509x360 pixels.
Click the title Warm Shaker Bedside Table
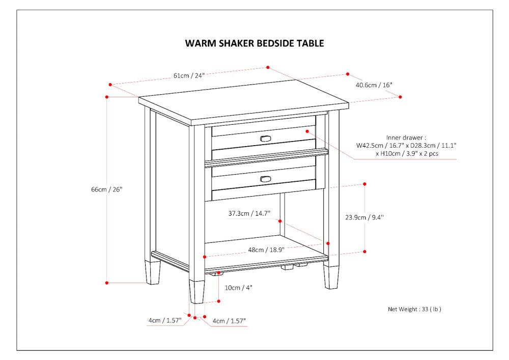pos(254,43)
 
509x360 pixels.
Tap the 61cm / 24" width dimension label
pos(189,76)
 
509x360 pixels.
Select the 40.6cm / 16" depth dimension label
pos(374,85)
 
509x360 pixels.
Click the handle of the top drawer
pos(267,139)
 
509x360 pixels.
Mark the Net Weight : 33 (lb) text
pos(414,309)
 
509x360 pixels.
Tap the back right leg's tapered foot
pos(331,277)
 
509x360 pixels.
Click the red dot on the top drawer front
pos(307,131)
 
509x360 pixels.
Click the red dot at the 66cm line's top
pos(107,96)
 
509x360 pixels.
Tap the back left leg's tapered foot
pos(152,273)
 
